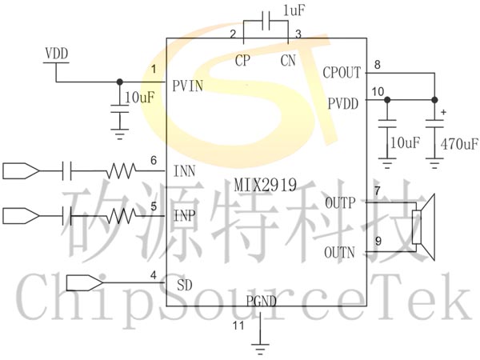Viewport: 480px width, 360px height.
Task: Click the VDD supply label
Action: tap(57, 54)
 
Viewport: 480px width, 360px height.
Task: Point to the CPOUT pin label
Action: tap(343, 73)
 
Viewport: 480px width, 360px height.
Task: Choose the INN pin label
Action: tap(186, 170)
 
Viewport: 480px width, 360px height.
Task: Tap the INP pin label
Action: tap(186, 216)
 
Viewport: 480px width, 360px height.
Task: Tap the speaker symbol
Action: tap(421, 226)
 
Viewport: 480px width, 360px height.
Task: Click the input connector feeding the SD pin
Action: tap(83, 282)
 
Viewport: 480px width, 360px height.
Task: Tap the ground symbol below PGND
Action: tap(258, 346)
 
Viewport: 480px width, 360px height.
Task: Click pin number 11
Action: tap(238, 326)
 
